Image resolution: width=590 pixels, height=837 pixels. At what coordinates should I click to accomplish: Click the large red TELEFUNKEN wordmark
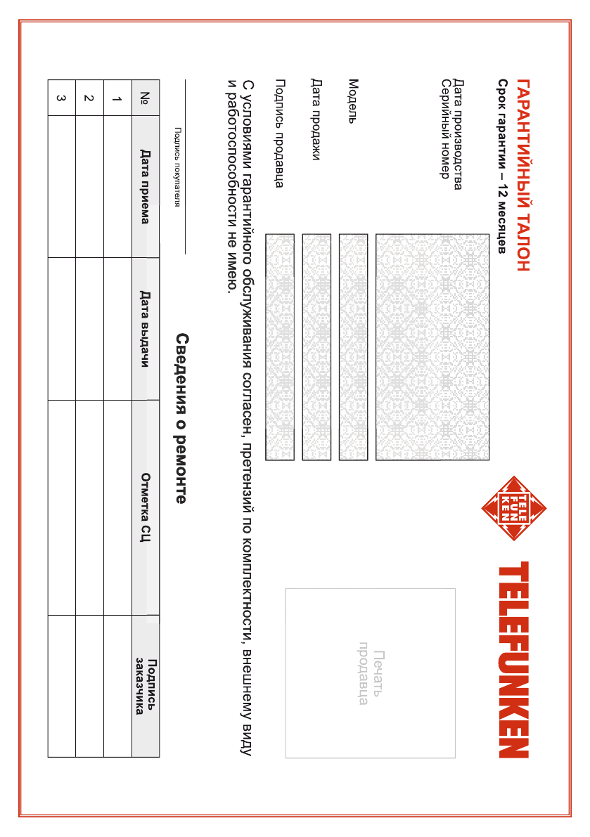514,658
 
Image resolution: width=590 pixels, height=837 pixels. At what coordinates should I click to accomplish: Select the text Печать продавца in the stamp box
371,673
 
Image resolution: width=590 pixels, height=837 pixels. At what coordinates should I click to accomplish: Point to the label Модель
353,100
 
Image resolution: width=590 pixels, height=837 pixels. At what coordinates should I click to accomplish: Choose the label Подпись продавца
279,133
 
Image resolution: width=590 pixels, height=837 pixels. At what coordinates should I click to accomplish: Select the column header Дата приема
145,186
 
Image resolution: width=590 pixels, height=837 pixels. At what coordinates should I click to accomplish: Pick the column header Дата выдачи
145,329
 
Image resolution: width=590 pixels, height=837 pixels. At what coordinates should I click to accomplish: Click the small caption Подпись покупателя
177,167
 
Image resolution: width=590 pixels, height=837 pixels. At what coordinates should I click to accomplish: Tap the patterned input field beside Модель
353,347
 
